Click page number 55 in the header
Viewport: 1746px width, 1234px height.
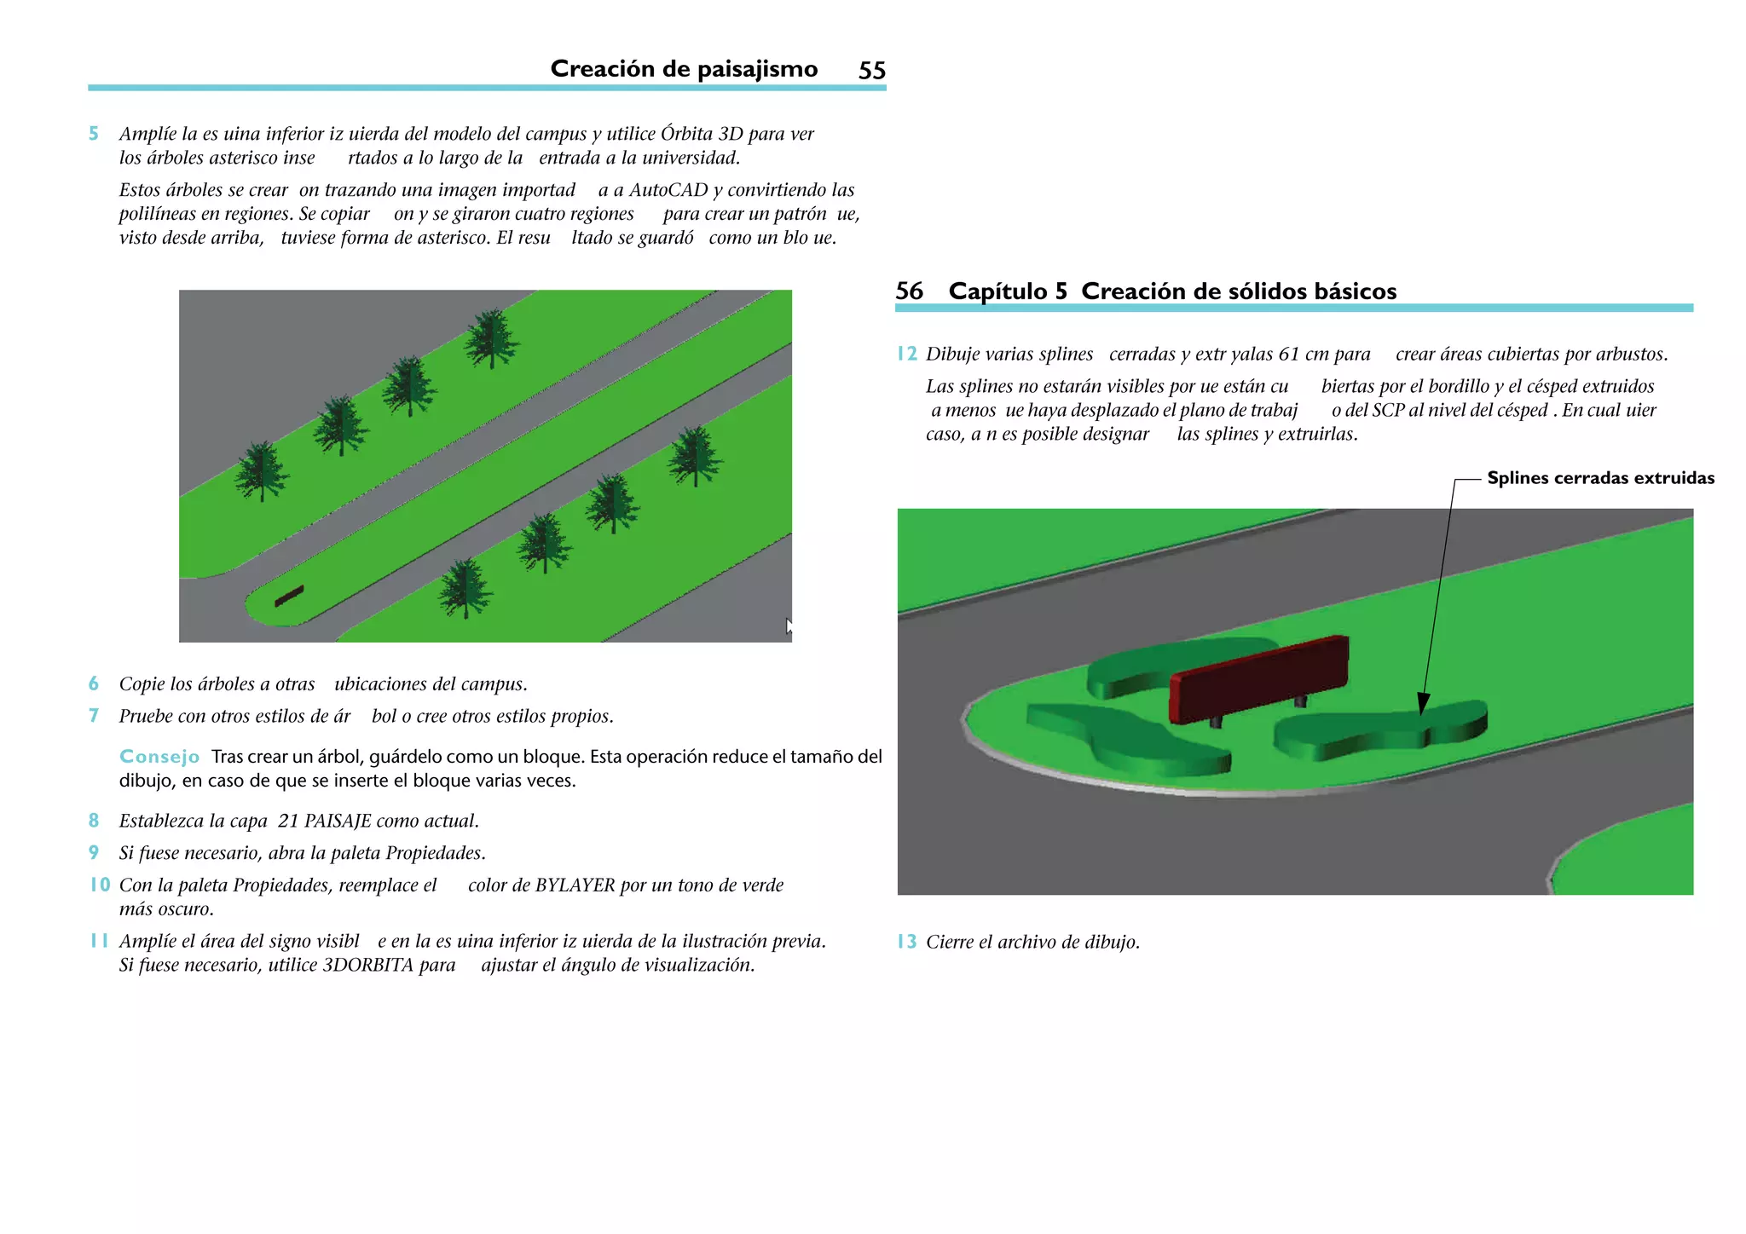[871, 70]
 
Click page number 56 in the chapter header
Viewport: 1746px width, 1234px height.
[909, 291]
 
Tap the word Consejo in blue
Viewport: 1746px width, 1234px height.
[159, 757]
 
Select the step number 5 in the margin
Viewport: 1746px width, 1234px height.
[94, 134]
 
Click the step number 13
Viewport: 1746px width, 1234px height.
[906, 942]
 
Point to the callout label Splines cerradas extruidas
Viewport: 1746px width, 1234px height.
[1600, 478]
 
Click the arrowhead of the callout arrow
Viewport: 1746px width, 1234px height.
[1423, 705]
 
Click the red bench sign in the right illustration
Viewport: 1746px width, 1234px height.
[1257, 679]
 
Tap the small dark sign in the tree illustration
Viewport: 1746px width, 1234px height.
[289, 597]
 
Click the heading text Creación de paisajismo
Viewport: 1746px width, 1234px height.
[684, 69]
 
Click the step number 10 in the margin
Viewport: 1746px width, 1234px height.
[100, 885]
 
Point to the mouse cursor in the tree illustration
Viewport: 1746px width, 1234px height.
[789, 626]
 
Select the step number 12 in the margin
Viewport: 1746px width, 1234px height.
[906, 355]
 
